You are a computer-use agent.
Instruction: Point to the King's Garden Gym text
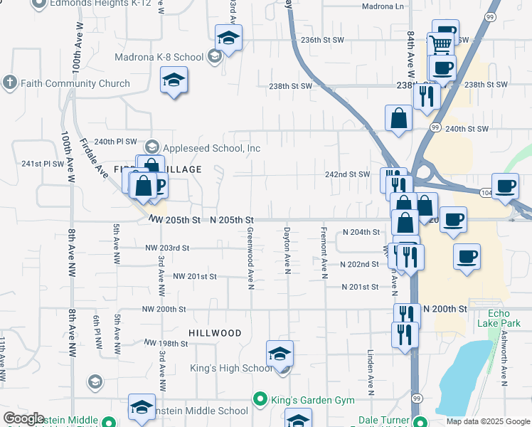[x=312, y=400]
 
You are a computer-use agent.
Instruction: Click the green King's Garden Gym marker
[x=260, y=399]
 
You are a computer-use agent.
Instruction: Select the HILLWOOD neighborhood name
[x=215, y=332]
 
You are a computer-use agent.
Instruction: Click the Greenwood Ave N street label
[x=250, y=259]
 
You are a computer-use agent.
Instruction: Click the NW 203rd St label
[x=167, y=248]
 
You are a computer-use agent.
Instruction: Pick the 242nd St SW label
[x=348, y=174]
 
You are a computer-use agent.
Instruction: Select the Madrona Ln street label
[x=382, y=6]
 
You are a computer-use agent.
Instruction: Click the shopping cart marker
[x=441, y=45]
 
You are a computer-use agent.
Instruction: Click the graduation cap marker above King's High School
[x=280, y=352]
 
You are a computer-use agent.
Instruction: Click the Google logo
[x=23, y=418]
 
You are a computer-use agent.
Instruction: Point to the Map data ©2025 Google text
[x=487, y=421]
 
